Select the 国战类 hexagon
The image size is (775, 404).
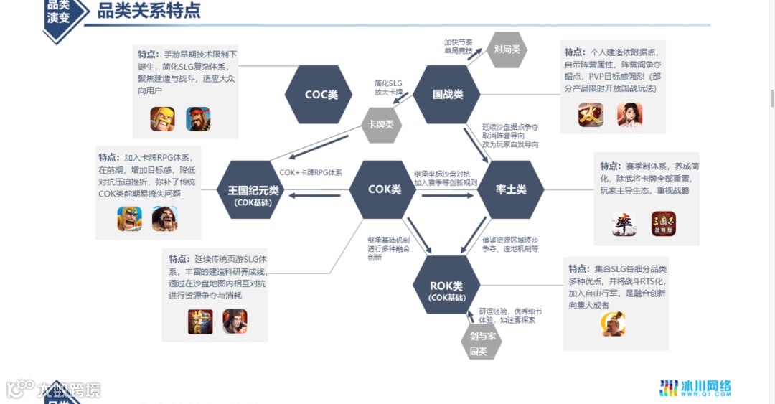click(447, 94)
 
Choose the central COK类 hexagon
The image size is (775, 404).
click(384, 189)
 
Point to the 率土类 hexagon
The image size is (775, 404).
click(511, 189)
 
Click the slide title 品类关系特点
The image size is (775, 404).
click(149, 11)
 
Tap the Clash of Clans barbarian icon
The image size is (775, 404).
click(163, 119)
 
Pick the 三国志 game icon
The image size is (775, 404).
click(664, 225)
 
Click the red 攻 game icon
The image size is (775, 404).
click(591, 115)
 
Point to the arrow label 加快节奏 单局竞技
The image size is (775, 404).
click(458, 46)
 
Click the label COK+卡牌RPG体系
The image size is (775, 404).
click(311, 172)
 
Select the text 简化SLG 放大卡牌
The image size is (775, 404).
click(388, 88)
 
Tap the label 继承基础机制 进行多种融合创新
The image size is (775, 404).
click(388, 248)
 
